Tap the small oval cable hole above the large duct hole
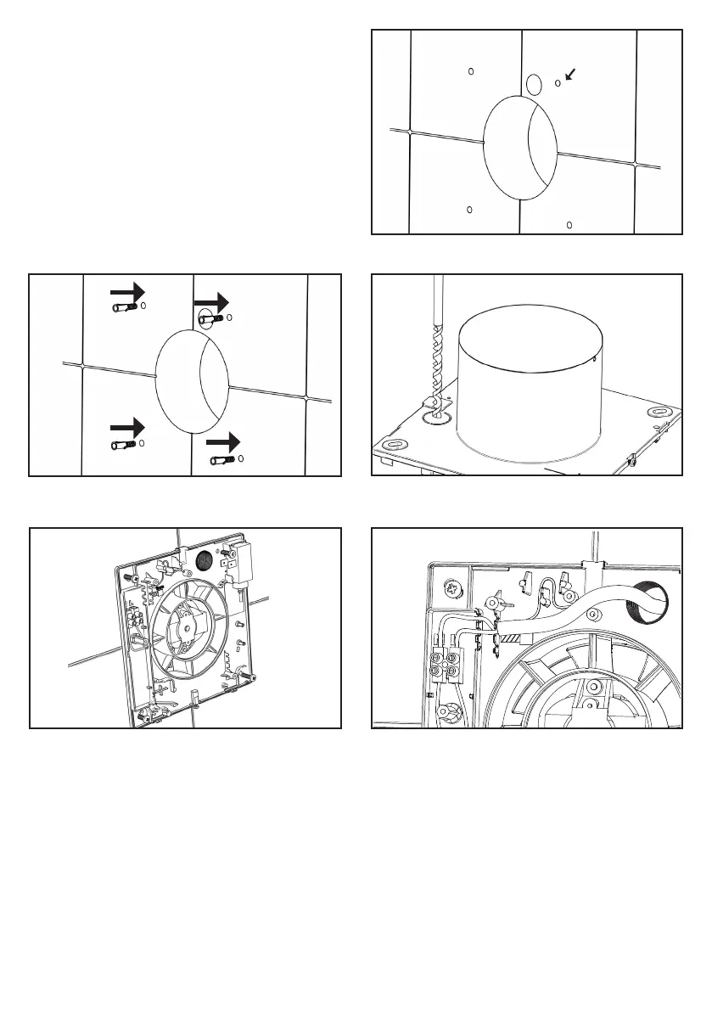(x=533, y=83)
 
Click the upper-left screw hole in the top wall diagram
(x=472, y=72)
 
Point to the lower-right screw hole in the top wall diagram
(x=569, y=225)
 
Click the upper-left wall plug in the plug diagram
(x=125, y=308)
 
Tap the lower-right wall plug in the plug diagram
(x=223, y=460)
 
